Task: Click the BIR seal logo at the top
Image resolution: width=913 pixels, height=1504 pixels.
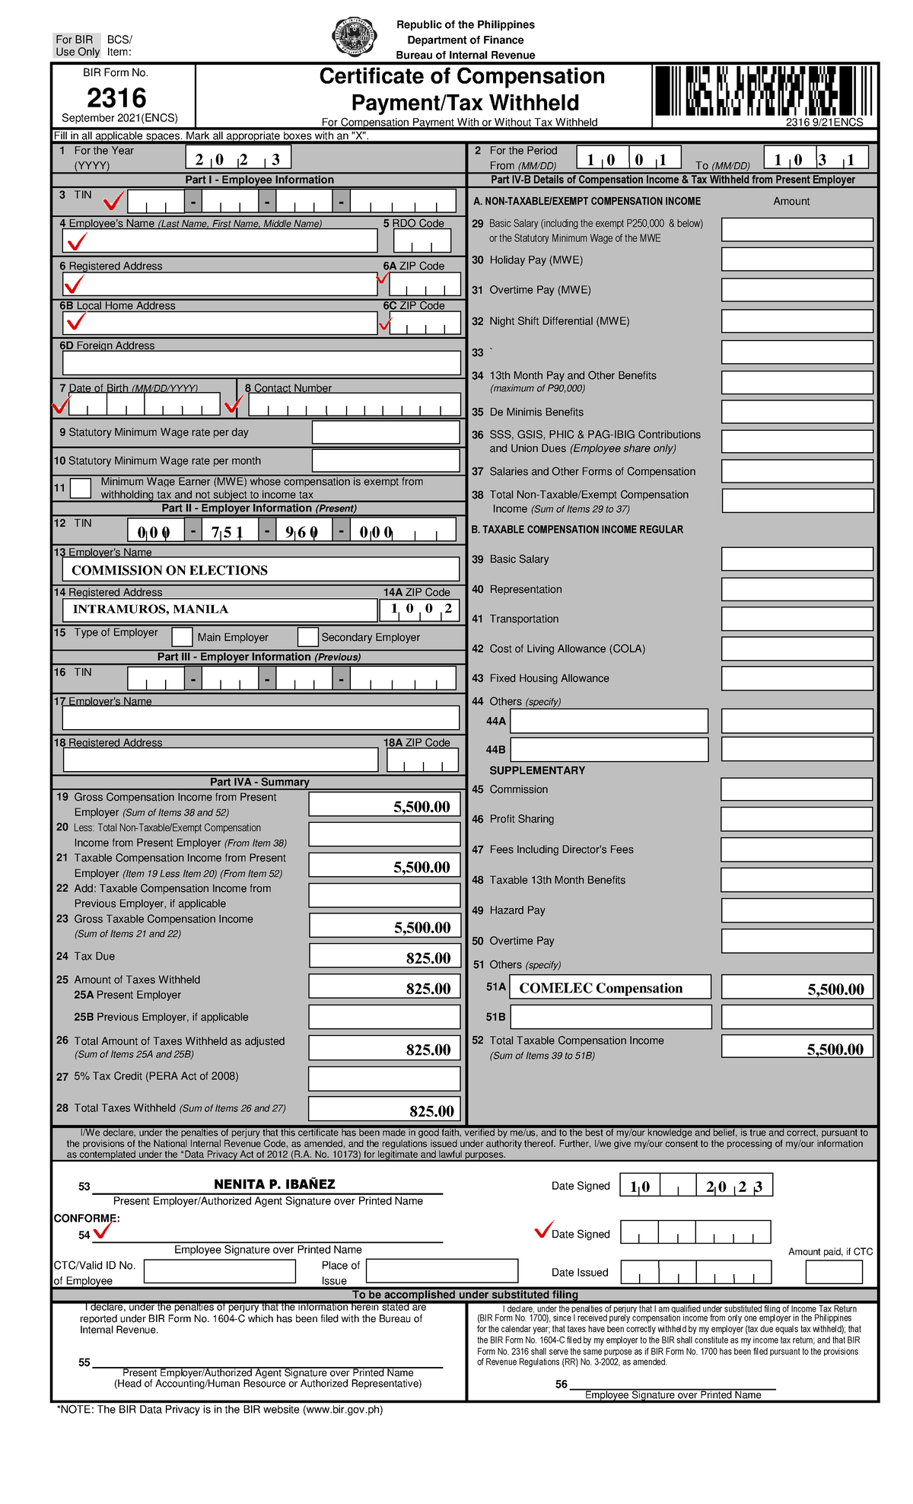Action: pos(355,37)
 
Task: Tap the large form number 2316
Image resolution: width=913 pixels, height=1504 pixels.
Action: pos(116,97)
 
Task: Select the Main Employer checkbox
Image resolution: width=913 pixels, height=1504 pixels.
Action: pos(182,637)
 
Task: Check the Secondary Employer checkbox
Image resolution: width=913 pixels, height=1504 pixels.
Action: pos(307,637)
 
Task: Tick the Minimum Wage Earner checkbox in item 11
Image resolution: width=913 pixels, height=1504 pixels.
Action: pos(81,488)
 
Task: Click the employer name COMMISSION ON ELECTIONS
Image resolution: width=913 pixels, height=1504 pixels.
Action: pos(170,570)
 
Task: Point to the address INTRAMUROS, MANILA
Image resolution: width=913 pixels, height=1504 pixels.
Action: pos(151,609)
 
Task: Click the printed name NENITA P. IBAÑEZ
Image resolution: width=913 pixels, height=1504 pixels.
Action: pos(274,1184)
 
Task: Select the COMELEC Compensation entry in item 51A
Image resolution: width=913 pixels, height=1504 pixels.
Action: pos(601,988)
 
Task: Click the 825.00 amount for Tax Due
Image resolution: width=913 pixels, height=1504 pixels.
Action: pos(428,958)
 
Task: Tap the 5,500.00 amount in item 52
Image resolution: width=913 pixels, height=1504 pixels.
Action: pos(835,1050)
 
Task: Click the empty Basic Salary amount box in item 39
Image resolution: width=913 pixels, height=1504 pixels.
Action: pos(797,559)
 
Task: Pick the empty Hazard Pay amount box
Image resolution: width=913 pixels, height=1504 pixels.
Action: pos(797,910)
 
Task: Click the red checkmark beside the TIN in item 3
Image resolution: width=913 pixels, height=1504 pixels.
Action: pos(114,201)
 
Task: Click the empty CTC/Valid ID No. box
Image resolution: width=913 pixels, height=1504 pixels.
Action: pos(219,1271)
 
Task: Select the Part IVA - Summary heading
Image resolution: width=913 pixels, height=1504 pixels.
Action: pos(259,782)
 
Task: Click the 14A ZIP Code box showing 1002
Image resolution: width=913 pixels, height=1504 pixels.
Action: pos(420,609)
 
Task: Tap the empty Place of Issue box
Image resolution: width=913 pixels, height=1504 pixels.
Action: pos(441,1271)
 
